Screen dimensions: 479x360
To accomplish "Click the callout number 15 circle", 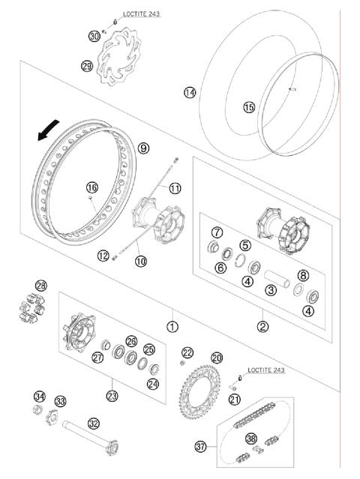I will click(248, 107).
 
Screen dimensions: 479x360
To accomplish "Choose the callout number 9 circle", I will click(142, 148).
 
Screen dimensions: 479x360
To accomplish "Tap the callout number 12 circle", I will click(103, 256).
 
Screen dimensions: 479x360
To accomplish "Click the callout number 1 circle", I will click(173, 327).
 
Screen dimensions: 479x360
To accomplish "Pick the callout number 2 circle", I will click(263, 327).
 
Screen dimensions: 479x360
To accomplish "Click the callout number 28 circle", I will click(40, 285).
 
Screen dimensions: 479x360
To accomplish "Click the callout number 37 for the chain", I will click(200, 447).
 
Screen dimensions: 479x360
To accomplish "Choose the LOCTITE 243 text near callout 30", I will click(141, 14).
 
